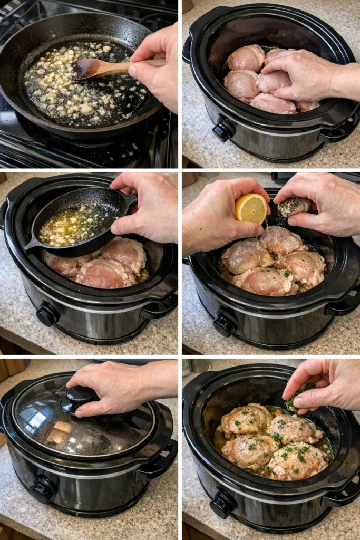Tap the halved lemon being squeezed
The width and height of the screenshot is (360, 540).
click(251, 208)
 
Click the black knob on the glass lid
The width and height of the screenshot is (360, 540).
click(80, 396)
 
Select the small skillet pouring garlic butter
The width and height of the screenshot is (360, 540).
click(79, 221)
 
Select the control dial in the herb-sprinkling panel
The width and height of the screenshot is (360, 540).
click(222, 505)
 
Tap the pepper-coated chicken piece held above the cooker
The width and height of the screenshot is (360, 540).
click(291, 207)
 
